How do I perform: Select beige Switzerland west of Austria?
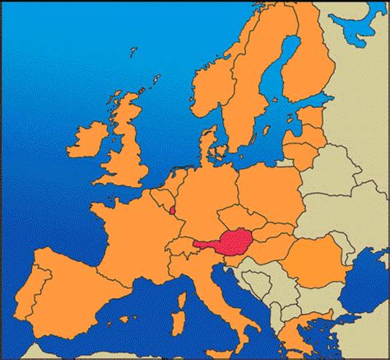[x=178, y=247]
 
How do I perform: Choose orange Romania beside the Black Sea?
[x=317, y=255]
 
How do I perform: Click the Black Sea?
[x=366, y=284]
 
